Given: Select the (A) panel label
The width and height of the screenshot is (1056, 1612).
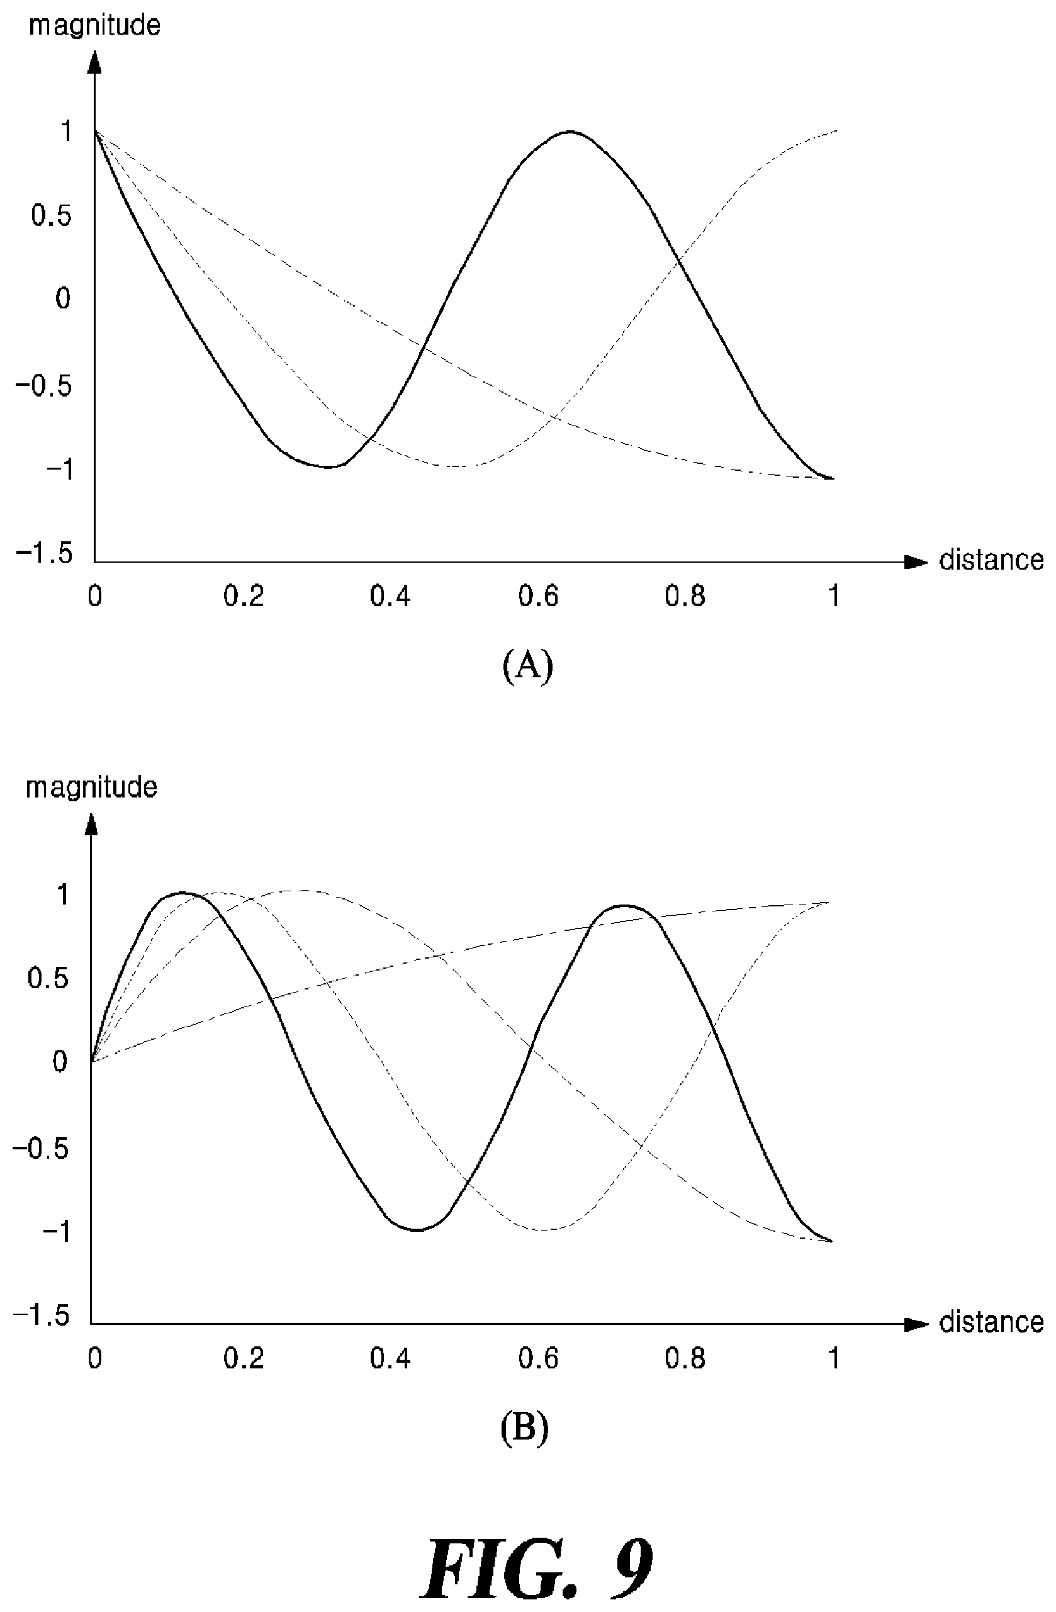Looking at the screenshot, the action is click(527, 666).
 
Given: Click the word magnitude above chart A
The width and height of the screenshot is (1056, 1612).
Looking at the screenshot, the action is click(95, 26).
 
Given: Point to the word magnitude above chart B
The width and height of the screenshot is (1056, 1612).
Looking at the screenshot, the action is click(91, 787).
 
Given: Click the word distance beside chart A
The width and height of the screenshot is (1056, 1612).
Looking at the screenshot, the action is click(992, 560).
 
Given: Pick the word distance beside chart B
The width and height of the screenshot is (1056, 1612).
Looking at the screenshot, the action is click(992, 1322).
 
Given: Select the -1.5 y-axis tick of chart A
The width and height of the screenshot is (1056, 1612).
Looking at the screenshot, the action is click(43, 553).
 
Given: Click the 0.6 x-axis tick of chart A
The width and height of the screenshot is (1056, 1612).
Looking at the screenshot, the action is click(539, 595).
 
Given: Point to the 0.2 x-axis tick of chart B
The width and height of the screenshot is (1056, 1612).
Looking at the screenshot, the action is click(244, 1358).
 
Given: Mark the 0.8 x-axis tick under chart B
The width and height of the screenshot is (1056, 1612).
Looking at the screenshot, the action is click(685, 1358).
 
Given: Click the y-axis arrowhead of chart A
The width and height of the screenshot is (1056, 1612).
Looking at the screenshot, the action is click(95, 62).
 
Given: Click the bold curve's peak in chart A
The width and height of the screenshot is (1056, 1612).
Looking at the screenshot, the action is click(570, 132).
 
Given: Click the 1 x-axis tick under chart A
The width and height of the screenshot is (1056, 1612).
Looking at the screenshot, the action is click(834, 595).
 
